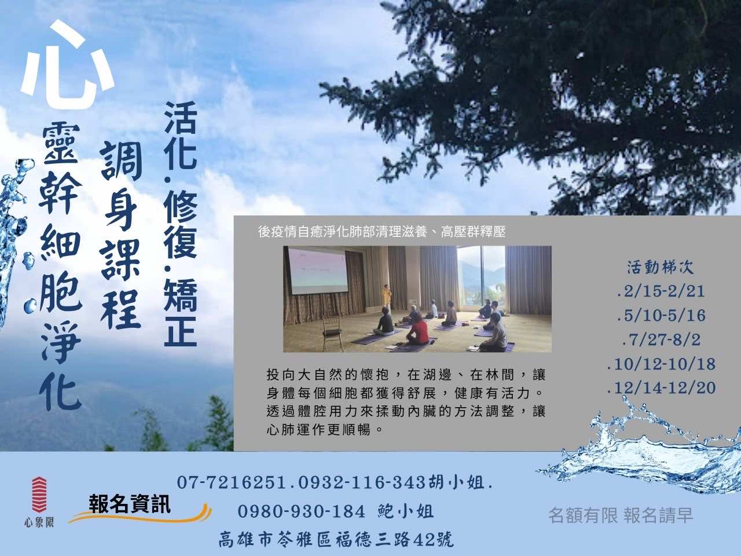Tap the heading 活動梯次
[x=661, y=268]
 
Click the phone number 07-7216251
[x=232, y=483]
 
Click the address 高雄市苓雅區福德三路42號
[x=336, y=539]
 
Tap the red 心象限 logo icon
[x=39, y=495]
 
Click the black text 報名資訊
[x=130, y=504]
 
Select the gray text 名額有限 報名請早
[x=621, y=515]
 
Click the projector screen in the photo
[x=317, y=271]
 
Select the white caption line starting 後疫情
[x=382, y=232]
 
